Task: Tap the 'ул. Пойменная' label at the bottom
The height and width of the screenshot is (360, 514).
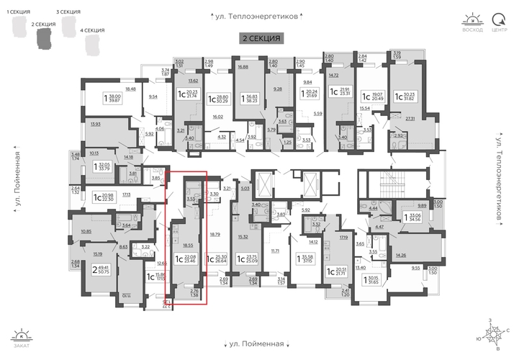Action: [x=257, y=344]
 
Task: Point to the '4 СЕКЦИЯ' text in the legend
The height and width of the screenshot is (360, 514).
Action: [x=93, y=30]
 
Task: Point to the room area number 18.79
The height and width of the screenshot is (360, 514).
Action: [x=214, y=234]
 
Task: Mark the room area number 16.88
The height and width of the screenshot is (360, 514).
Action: [x=243, y=67]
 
